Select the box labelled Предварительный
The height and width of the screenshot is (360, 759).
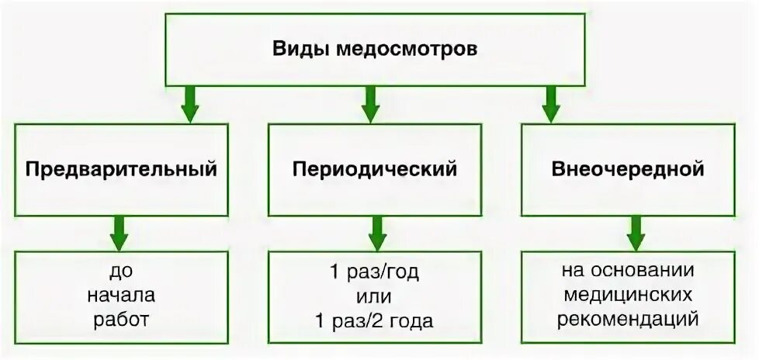coord(122,168)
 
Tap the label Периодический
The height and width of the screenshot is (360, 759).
coord(375,168)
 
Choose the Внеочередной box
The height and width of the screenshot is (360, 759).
coord(628,168)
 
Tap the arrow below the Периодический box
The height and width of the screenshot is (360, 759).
coord(376,230)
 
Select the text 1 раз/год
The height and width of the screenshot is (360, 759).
coord(375,273)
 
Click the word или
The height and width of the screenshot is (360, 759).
coord(375,296)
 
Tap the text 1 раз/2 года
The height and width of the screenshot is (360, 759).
coord(375,320)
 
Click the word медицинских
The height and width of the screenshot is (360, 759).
coord(628,296)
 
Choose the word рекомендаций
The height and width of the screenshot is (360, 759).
coord(628,318)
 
